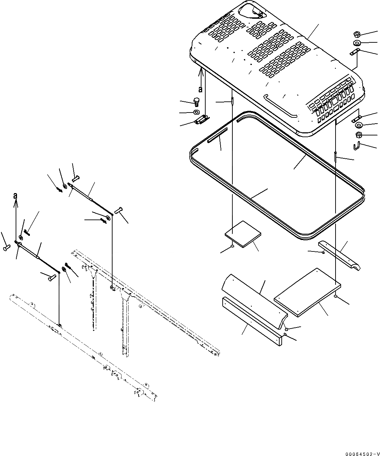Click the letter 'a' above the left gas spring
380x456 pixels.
pos(15,196)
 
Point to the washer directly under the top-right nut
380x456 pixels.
pos(357,43)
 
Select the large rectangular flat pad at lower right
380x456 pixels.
pos(307,292)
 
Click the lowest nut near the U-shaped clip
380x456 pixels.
pos(358,135)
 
